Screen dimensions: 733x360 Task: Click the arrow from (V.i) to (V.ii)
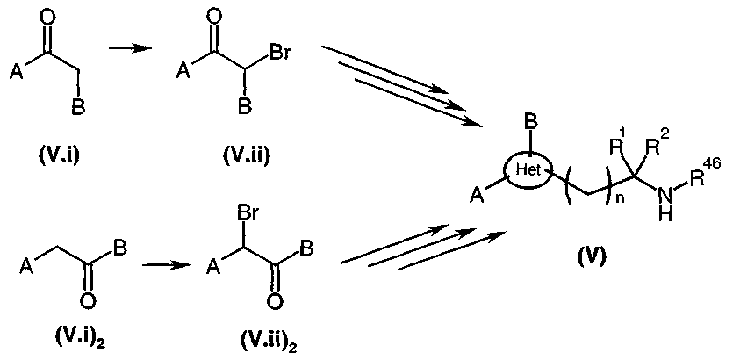[x=130, y=48]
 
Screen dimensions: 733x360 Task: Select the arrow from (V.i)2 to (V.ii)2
[x=167, y=265]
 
